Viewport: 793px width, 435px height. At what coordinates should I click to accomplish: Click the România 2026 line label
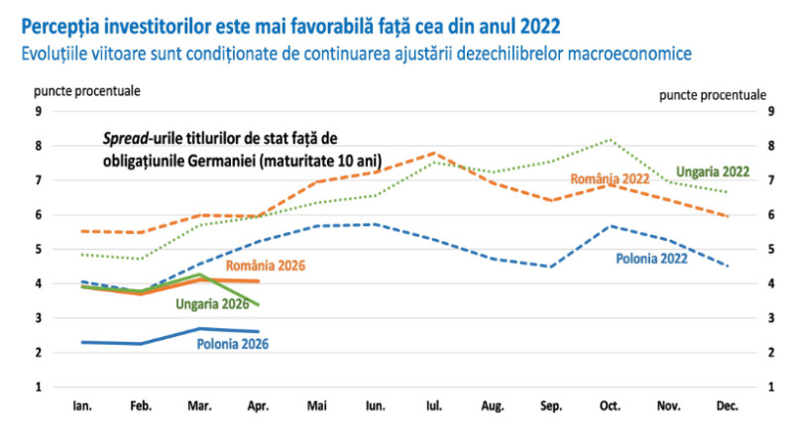(x=265, y=266)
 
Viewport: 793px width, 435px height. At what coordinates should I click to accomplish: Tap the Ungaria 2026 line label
(x=212, y=304)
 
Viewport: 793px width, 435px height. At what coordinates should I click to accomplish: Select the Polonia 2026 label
(x=233, y=344)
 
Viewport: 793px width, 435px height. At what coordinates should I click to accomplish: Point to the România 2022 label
(x=610, y=178)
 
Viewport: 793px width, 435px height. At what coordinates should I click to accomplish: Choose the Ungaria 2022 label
(x=713, y=172)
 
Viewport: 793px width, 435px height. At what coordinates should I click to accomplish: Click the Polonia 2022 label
(x=651, y=259)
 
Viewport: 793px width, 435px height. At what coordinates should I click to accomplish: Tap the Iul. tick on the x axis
(x=434, y=405)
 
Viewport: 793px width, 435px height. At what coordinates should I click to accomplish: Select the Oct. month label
(x=610, y=405)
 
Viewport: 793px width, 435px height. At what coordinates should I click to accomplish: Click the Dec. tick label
(x=728, y=405)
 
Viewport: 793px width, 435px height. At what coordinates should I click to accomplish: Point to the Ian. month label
(x=82, y=405)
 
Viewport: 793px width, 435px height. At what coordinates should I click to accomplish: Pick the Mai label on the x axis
(x=316, y=405)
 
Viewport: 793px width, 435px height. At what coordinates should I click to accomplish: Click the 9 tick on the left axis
(x=39, y=111)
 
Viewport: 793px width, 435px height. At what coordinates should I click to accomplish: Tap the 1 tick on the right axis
(x=771, y=387)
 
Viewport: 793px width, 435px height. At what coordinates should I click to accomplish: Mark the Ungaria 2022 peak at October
(x=611, y=140)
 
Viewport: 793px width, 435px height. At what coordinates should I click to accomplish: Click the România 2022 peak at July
(x=434, y=153)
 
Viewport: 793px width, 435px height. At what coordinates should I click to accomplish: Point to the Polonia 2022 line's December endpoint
(x=728, y=267)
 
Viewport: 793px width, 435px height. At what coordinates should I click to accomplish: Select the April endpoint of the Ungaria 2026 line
(x=259, y=305)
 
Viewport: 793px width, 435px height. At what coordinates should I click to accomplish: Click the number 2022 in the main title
(x=540, y=26)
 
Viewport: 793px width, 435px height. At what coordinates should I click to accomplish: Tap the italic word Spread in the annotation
(x=126, y=139)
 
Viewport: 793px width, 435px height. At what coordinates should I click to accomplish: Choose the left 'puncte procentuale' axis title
(x=87, y=91)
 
